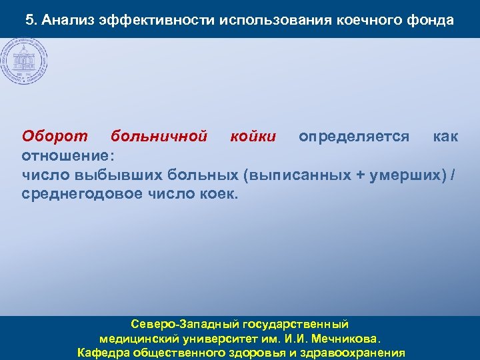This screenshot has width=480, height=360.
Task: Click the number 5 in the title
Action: (30, 20)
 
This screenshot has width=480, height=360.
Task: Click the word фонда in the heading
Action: (432, 20)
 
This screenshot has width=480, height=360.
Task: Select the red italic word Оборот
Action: (55, 137)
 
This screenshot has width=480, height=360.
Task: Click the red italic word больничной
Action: (159, 137)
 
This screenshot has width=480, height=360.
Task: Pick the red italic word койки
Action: (253, 137)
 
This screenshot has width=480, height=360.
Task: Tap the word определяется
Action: (354, 137)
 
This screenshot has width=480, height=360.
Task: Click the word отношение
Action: (66, 156)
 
